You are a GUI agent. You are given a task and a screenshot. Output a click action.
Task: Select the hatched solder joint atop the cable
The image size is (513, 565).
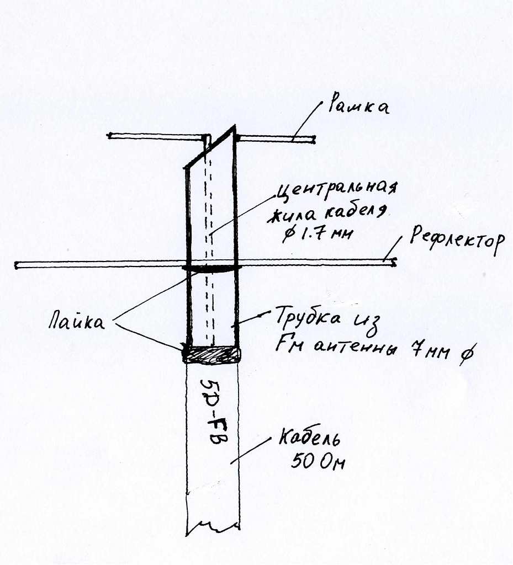click(x=212, y=354)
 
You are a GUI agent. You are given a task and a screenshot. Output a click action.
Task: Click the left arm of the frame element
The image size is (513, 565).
click(x=155, y=136)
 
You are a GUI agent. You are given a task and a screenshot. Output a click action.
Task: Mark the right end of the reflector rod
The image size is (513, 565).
click(x=393, y=262)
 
